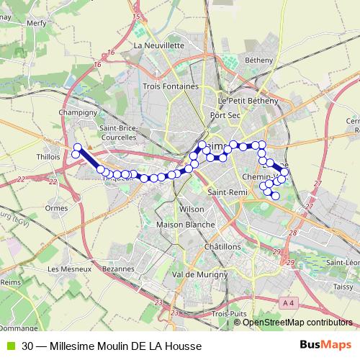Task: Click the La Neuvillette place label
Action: pos(159,45)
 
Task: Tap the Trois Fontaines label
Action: pos(170,87)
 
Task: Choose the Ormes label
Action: pos(56,208)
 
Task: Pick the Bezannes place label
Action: pos(118,269)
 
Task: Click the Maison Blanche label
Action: pos(185,225)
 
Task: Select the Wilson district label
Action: pos(192,208)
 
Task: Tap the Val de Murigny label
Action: pos(191,274)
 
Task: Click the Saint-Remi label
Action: pos(226,192)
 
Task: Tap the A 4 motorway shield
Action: pos(288,303)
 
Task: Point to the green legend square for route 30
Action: pos(9,346)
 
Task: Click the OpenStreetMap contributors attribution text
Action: pos(297,322)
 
